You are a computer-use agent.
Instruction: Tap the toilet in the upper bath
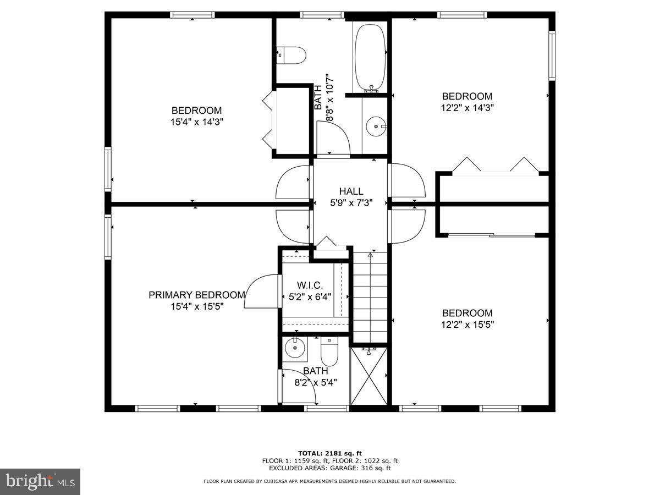pos(292,54)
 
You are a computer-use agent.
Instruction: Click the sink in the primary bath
pos(296,347)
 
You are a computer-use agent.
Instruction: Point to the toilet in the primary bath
pos(329,352)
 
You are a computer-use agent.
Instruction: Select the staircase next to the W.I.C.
pos(370,297)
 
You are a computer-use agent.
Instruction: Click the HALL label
pos(351,191)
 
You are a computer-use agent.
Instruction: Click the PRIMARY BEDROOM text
pos(197,295)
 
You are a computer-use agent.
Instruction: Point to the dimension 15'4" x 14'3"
pos(196,122)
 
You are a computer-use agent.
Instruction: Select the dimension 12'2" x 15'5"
pos(468,324)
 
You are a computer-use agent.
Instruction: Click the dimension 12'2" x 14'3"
pos(468,108)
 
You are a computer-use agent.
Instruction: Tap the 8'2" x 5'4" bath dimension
pos(316,382)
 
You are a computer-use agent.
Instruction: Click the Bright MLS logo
pos(40,482)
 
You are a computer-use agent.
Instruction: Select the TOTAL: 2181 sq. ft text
pos(330,453)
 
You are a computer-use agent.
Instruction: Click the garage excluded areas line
pos(330,468)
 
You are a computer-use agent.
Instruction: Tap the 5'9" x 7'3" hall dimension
pos(351,202)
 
